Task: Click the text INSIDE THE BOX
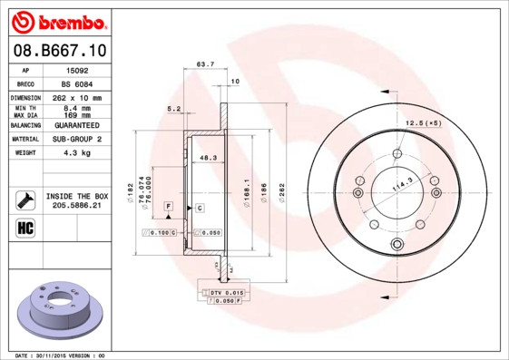coord(77,196)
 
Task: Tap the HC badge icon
coord(24,227)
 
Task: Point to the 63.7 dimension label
coord(205,64)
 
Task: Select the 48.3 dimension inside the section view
coord(208,158)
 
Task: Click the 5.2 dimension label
coord(174,109)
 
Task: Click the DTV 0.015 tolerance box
coord(228,292)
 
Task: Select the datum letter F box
coord(169,208)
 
